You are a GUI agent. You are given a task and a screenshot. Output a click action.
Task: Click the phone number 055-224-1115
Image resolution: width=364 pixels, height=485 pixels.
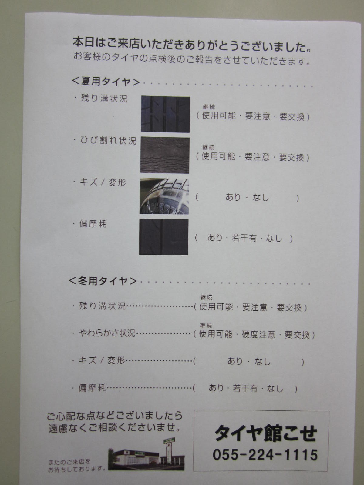coord(265,454)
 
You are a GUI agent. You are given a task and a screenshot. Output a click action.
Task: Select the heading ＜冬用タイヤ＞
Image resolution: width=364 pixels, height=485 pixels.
coord(103,281)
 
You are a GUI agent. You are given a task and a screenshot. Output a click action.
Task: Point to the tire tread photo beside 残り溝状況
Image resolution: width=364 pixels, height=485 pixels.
coord(165,114)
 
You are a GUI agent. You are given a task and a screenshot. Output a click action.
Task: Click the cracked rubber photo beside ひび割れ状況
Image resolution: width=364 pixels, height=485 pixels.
coord(165,155)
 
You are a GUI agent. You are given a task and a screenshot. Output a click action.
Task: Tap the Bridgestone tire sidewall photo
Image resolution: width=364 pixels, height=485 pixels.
coord(164,196)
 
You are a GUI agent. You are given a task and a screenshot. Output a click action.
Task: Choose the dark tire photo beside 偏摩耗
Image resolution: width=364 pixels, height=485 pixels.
coord(164,237)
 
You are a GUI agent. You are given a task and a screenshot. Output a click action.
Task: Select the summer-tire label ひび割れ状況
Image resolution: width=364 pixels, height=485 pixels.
coord(108,141)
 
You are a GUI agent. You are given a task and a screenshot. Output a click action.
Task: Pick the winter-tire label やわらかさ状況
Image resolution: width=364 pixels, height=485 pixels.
coord(107,333)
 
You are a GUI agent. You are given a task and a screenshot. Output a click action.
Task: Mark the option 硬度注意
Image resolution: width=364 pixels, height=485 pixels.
coord(258,335)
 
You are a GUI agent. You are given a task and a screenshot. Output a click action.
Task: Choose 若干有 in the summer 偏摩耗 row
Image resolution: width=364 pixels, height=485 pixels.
coord(244,238)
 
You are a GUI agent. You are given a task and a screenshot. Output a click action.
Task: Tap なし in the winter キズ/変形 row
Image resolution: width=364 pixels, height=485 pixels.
coord(263,362)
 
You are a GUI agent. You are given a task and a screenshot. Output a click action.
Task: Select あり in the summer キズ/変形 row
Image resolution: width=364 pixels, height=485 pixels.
coord(233,197)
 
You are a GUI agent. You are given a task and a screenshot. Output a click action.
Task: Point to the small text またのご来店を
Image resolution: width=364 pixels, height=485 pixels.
coord(69,462)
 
